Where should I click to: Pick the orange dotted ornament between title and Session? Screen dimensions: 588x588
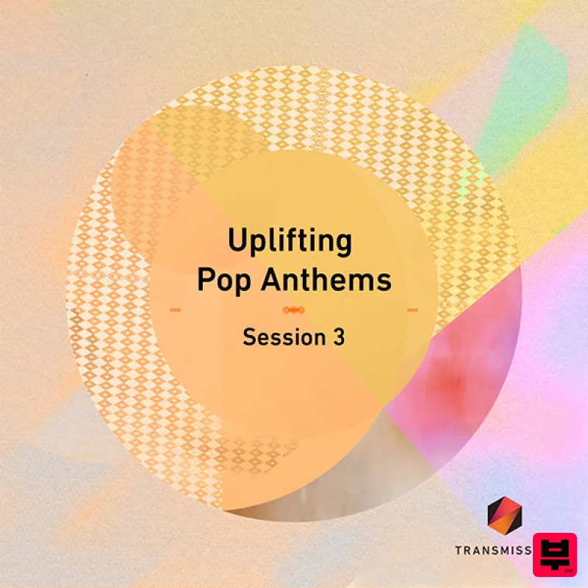293,309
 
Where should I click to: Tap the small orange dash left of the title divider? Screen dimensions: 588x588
175,309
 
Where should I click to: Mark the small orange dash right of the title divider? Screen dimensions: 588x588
412,309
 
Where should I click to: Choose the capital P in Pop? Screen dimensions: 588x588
207,281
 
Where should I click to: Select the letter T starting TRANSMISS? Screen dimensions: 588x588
459,549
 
